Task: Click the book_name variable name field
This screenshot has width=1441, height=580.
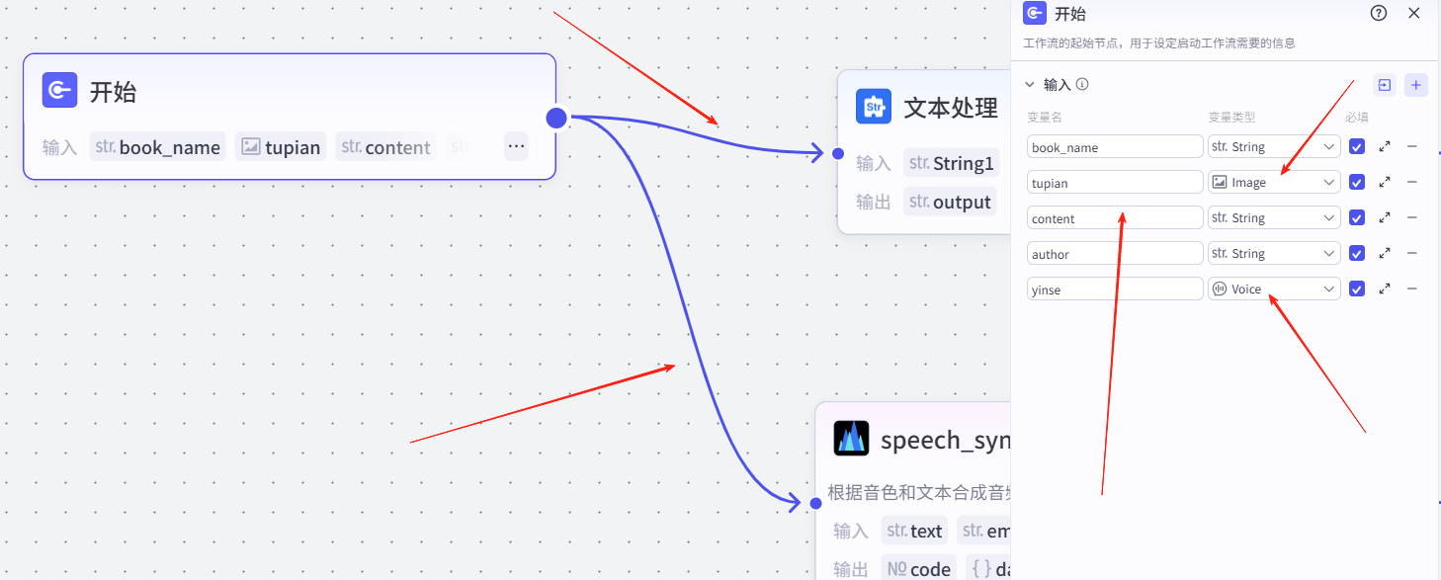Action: coord(1114,147)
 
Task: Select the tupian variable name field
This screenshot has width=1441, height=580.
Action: coord(1114,183)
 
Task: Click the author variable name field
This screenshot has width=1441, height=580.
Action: coord(1114,254)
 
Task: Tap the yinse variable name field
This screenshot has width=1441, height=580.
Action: coord(1114,290)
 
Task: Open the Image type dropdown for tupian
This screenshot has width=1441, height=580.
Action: coord(1274,183)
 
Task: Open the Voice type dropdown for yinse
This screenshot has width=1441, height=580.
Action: coord(1274,290)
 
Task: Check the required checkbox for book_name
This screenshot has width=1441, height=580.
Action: coord(1357,147)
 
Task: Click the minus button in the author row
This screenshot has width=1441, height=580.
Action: coord(1411,254)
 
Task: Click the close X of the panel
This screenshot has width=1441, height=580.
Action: coord(1414,14)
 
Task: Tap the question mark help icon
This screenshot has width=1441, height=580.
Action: coord(1379,14)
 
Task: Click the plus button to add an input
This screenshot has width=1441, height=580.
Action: coord(1416,85)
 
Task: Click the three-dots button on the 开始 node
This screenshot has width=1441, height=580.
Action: coord(516,146)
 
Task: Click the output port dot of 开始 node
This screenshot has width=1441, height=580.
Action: coord(556,118)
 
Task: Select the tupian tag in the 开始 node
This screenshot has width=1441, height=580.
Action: coord(281,147)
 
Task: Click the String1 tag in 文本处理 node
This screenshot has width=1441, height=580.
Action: coord(951,163)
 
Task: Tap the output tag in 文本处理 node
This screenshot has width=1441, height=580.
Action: coord(949,202)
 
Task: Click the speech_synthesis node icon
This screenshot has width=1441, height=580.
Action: coord(851,438)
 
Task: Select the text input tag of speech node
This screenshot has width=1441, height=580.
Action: coord(914,531)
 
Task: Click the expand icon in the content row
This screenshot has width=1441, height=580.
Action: coord(1385,218)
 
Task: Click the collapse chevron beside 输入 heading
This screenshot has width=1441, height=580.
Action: coord(1030,85)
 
